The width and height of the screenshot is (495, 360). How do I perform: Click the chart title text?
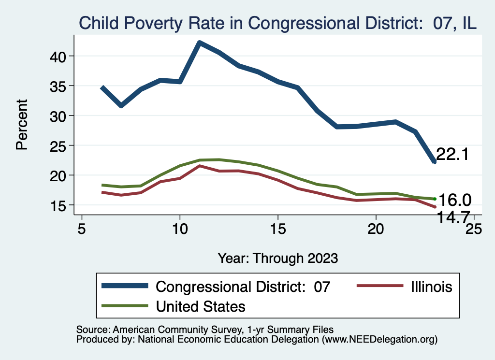pyautogui.click(x=278, y=23)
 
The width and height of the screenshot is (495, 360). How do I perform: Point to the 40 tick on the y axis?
pyautogui.click(x=58, y=56)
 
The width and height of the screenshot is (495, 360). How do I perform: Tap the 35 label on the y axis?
pyautogui.click(x=58, y=86)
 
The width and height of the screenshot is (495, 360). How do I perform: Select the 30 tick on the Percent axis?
pyautogui.click(x=58, y=116)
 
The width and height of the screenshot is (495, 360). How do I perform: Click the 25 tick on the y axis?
pyautogui.click(x=58, y=145)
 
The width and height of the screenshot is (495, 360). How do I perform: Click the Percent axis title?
pyautogui.click(x=22, y=124)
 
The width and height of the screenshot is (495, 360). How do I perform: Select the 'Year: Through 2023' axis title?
pyautogui.click(x=277, y=258)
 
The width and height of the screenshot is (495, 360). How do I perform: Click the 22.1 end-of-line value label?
pyautogui.click(x=452, y=155)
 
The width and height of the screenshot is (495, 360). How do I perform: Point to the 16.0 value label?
pyautogui.click(x=454, y=200)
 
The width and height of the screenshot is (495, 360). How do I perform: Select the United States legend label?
pyautogui.click(x=200, y=306)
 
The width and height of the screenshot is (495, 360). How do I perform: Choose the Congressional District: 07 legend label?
pyautogui.click(x=243, y=287)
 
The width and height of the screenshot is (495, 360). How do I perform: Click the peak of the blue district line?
pyautogui.click(x=199, y=43)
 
